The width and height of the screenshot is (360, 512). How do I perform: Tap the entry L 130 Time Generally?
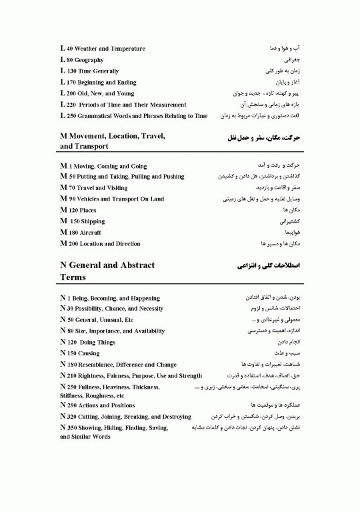(x=89, y=71)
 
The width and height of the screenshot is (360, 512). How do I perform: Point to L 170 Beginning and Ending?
(x=97, y=82)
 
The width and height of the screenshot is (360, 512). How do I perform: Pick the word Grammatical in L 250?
(x=105, y=115)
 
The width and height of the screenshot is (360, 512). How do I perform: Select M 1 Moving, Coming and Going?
(x=103, y=165)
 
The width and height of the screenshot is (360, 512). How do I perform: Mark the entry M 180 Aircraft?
(x=81, y=232)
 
